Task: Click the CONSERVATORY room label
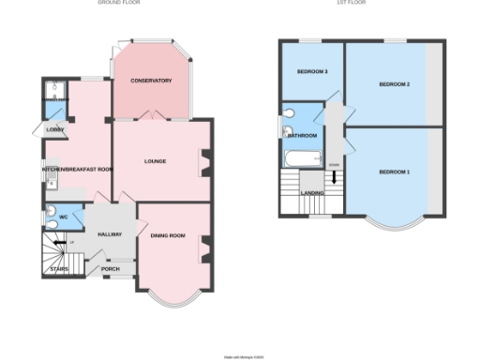[x=151, y=81]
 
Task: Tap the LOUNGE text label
[x=156, y=161]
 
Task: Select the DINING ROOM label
[x=168, y=235]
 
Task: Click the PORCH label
[x=111, y=269]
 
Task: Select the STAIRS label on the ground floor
[x=58, y=269]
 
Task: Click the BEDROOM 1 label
[x=395, y=172]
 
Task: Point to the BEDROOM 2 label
[x=395, y=84]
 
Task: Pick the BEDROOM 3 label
[x=312, y=72]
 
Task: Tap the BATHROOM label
[x=302, y=136]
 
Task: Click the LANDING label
[x=312, y=193]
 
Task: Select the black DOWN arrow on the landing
[x=334, y=177]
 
